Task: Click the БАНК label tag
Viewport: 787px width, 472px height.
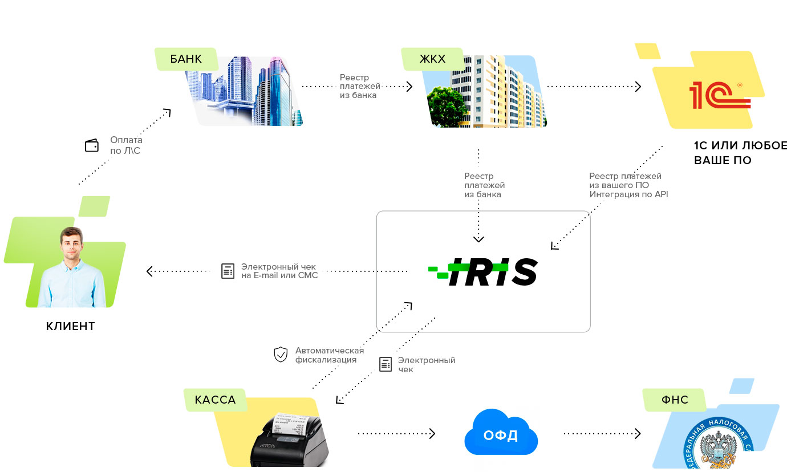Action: [186, 59]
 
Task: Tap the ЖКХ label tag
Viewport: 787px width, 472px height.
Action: [432, 59]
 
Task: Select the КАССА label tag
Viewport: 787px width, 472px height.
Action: [215, 400]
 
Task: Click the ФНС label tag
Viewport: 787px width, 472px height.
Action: [675, 400]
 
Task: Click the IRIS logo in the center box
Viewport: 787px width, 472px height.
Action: [483, 271]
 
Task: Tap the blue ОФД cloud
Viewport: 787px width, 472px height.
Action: [501, 432]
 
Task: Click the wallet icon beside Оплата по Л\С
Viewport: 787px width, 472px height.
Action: [92, 145]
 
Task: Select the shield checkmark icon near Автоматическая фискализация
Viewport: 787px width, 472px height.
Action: [281, 355]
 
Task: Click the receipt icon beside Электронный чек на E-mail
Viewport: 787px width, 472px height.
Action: [228, 271]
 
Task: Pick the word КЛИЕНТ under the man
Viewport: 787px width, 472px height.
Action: [70, 326]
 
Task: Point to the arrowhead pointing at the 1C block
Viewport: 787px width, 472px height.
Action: [638, 87]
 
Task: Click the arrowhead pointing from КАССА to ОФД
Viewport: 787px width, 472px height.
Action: [432, 434]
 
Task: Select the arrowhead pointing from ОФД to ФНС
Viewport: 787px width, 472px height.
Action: [638, 434]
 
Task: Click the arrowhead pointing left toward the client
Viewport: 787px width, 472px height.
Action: [149, 271]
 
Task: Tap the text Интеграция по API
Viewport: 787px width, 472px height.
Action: [628, 194]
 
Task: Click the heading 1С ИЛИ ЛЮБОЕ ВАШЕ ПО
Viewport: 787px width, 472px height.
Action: [740, 153]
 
